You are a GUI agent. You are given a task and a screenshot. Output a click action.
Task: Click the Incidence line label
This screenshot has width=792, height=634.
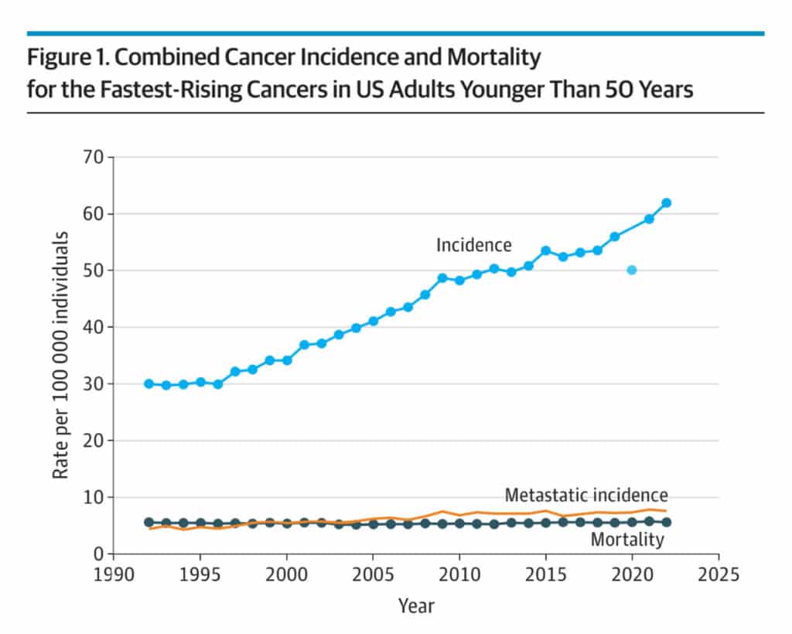click(x=473, y=245)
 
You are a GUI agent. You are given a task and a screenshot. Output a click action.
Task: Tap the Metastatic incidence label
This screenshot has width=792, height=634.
click(x=585, y=495)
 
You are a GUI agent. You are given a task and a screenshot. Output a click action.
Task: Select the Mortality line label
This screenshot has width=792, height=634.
click(x=626, y=540)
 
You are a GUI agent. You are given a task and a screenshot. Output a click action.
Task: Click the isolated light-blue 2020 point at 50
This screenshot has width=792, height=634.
click(x=632, y=270)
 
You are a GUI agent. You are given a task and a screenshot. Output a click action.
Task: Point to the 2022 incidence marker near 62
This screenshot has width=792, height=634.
click(x=666, y=203)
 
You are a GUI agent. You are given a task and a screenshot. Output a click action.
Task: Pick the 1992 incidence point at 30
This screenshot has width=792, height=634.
click(x=148, y=383)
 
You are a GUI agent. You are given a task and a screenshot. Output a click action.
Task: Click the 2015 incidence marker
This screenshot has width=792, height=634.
click(x=545, y=251)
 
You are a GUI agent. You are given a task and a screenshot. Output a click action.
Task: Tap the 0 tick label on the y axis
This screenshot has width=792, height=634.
click(x=98, y=554)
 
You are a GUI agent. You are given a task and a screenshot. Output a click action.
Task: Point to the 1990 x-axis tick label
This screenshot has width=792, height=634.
click(x=114, y=575)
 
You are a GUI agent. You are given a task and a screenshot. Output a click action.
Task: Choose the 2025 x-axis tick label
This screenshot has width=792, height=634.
click(x=718, y=575)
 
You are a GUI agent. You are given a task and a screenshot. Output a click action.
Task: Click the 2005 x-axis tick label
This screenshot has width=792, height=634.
click(x=373, y=575)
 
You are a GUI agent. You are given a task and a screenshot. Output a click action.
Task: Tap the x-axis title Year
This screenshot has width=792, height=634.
click(x=416, y=606)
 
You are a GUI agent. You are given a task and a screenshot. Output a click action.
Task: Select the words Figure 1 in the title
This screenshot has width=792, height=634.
click(x=64, y=58)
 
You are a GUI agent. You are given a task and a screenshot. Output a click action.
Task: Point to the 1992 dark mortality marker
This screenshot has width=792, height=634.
click(x=148, y=523)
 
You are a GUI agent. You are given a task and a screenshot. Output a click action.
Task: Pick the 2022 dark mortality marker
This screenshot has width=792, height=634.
click(x=666, y=522)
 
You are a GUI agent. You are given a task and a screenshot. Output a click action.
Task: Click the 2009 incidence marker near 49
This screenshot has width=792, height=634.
click(x=442, y=278)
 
